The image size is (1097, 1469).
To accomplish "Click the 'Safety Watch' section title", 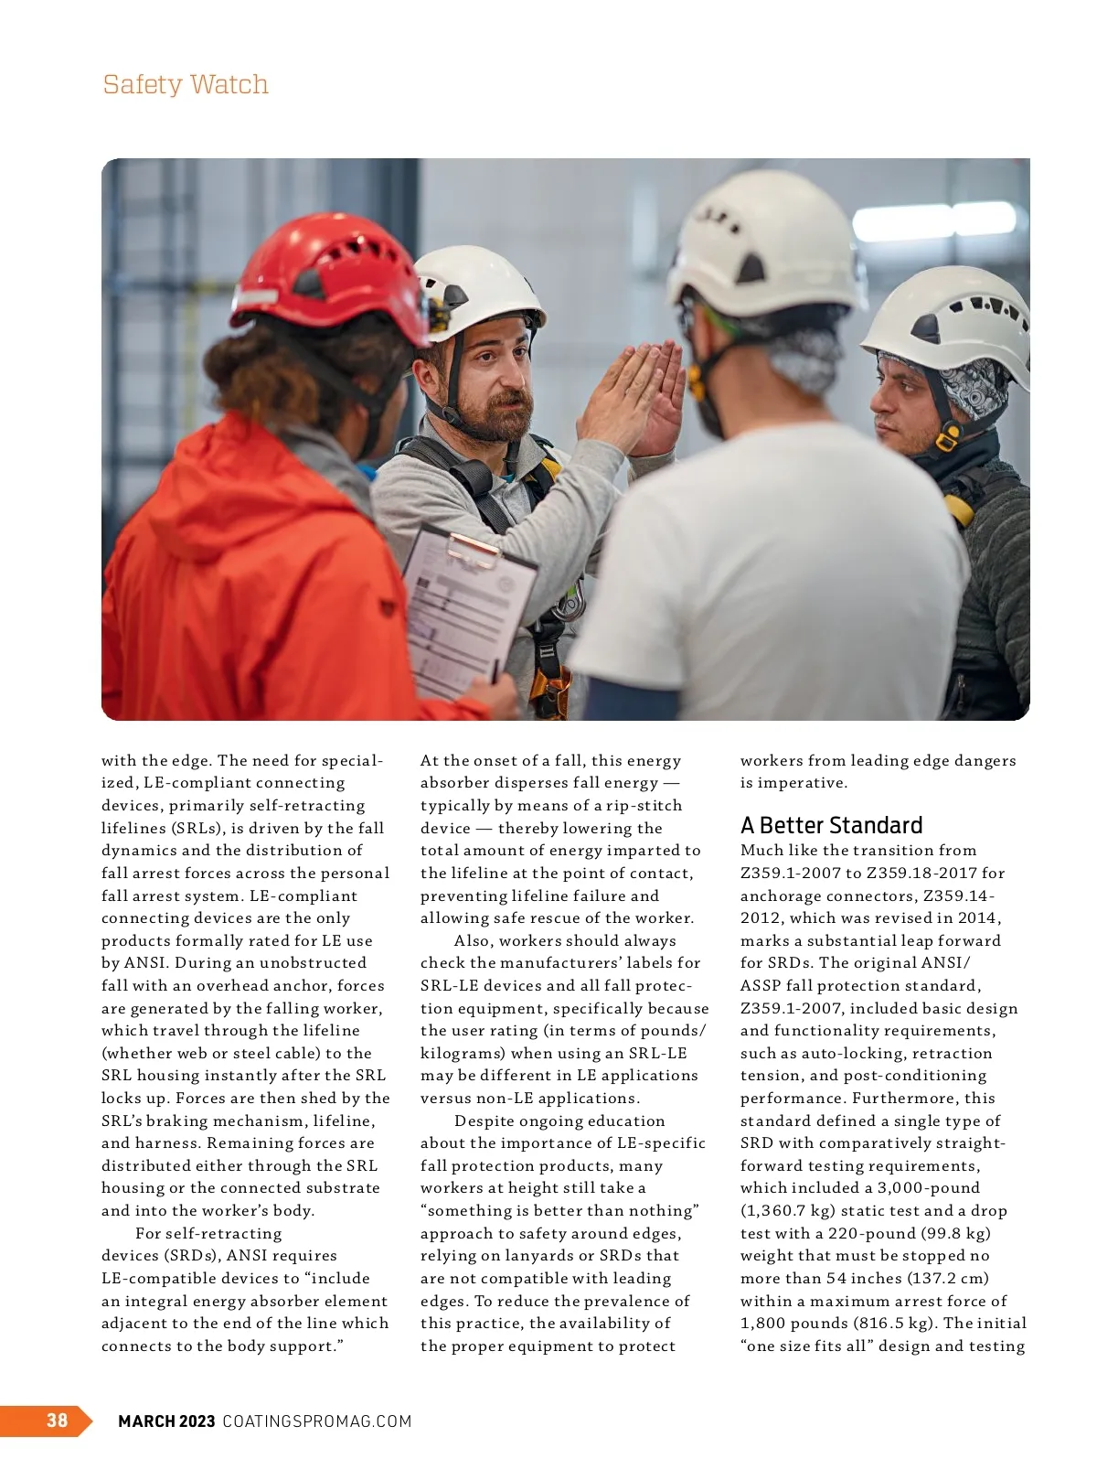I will pyautogui.click(x=186, y=84).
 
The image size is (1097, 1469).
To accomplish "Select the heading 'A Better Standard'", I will pyautogui.click(x=831, y=825).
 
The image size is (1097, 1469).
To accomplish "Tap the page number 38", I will pyautogui.click(x=57, y=1420).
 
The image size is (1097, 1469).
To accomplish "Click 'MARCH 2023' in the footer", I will pyautogui.click(x=166, y=1421).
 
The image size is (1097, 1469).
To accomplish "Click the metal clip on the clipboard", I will pyautogui.click(x=473, y=548).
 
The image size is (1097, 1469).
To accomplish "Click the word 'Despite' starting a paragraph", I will pyautogui.click(x=485, y=1121).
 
